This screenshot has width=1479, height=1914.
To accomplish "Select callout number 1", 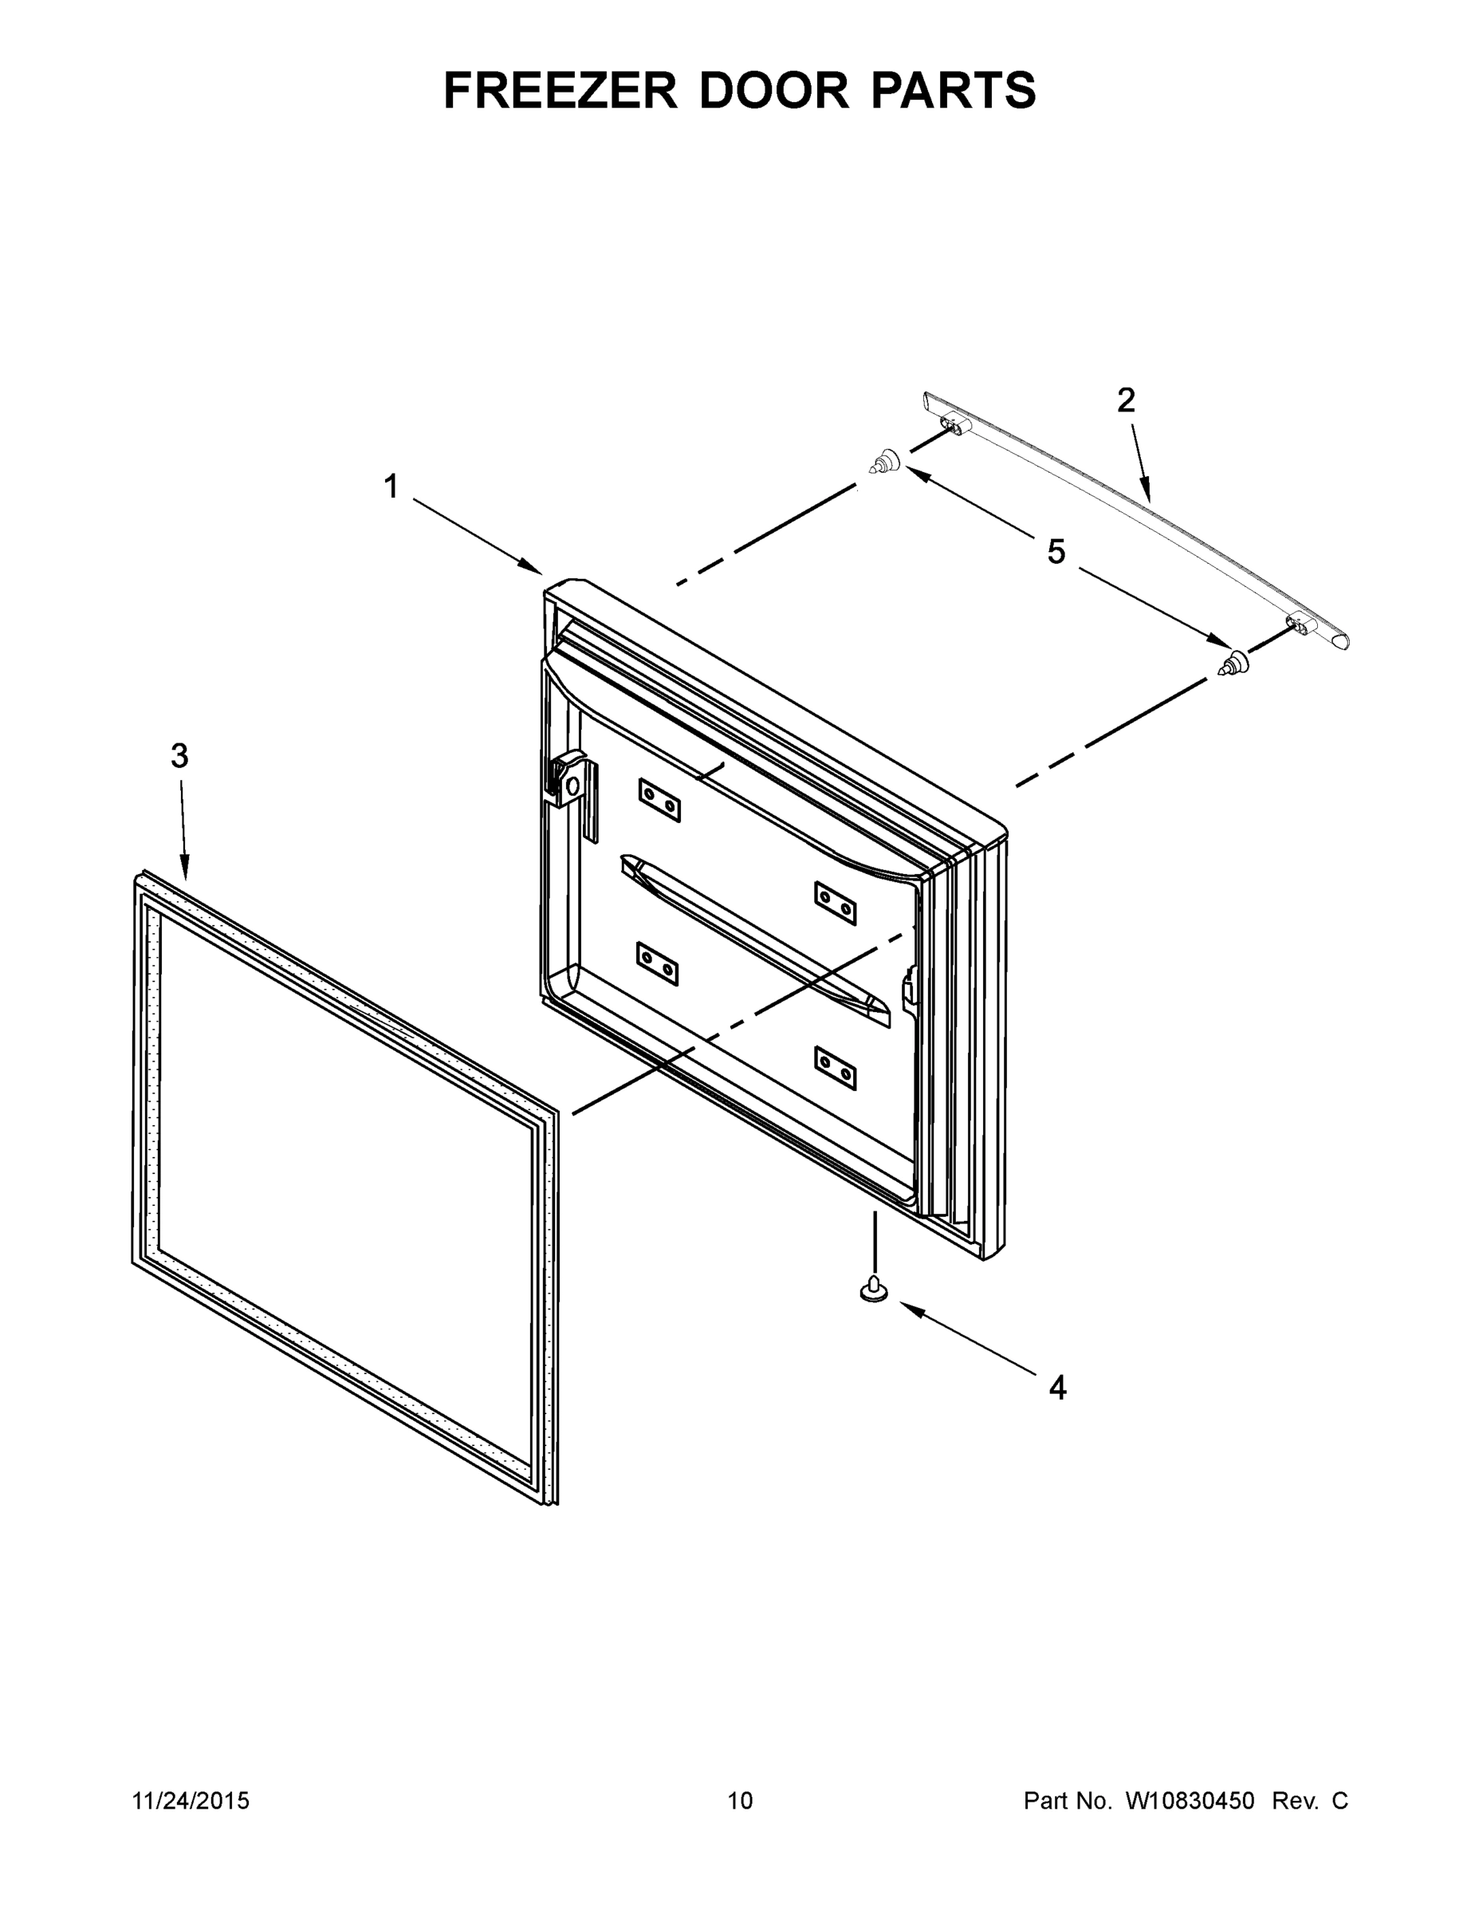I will click(391, 486).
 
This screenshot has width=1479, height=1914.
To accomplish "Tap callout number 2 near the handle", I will click(1126, 400).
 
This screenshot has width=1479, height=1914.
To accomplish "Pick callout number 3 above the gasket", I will click(179, 755).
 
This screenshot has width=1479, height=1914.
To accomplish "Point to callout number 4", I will click(1057, 1388).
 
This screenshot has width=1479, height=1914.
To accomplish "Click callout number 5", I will click(1056, 552).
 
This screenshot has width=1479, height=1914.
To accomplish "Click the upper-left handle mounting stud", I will click(885, 460).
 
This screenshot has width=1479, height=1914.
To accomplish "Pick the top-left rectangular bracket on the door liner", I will click(659, 800).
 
